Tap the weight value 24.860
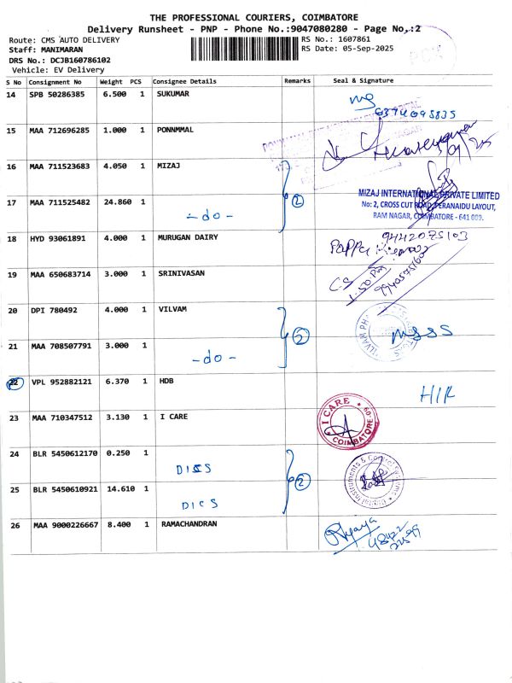point(116,202)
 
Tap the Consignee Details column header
point(184,80)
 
